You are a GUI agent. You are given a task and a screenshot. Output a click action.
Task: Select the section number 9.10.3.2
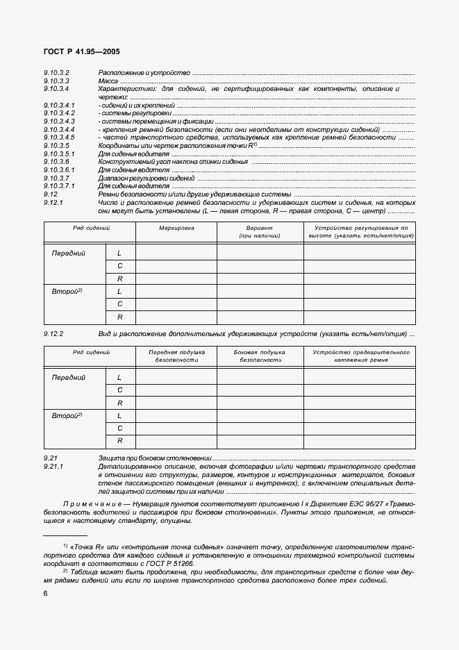tap(56, 73)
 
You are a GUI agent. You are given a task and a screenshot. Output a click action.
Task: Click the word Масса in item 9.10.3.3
tap(108, 81)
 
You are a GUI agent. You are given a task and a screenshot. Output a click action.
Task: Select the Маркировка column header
tap(176, 228)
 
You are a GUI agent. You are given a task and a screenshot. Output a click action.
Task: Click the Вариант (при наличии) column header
tap(259, 232)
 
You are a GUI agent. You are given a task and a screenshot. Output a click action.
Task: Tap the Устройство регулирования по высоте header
tap(360, 232)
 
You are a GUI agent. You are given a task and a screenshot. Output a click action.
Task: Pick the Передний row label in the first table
tap(69, 253)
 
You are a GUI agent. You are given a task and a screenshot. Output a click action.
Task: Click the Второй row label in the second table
tap(67, 415)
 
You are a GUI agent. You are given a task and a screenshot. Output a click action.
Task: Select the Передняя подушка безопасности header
tap(176, 356)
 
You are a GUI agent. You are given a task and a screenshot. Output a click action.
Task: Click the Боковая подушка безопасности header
tap(259, 356)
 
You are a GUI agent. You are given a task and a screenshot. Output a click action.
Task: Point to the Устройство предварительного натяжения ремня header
tap(360, 356)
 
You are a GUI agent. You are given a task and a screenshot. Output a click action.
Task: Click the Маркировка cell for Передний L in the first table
tap(176, 253)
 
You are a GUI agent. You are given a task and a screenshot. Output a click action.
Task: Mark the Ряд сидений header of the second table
tap(92, 352)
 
